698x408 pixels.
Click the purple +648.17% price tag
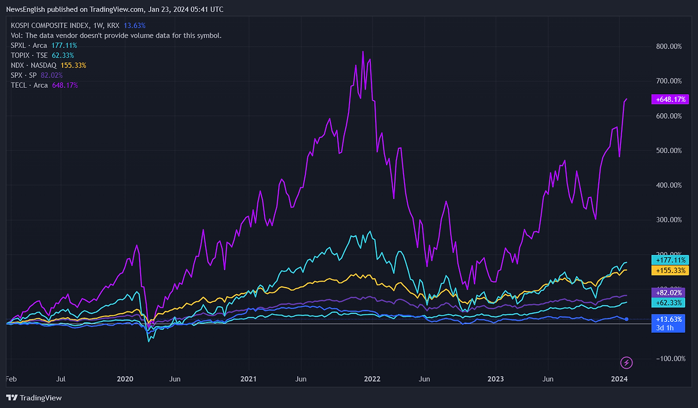point(670,100)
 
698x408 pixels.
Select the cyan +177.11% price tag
point(670,260)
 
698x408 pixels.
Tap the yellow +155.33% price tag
point(670,270)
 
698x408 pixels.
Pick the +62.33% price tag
point(670,302)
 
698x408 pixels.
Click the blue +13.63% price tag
point(670,319)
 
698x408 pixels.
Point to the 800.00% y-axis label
point(668,46)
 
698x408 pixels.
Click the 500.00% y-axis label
point(668,150)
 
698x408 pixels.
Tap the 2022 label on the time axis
point(372,379)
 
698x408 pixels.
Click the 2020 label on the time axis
point(125,379)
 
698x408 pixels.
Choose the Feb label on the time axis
point(10,379)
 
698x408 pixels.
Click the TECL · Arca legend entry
point(29,85)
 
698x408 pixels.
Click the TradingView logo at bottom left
point(34,398)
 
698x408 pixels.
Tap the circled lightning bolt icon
point(627,362)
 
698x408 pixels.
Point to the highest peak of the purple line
point(363,52)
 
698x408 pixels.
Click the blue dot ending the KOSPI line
point(626,319)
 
